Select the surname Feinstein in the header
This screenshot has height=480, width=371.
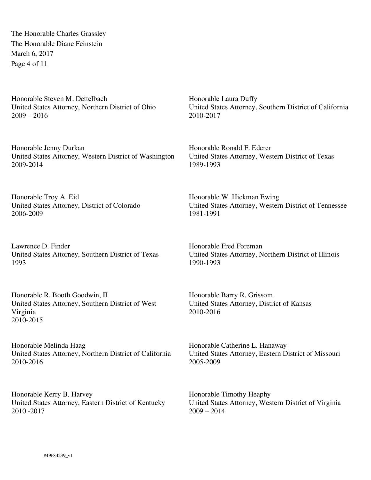(89, 44)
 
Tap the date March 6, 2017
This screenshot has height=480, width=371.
(32, 54)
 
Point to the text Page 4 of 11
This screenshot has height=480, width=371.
(29, 64)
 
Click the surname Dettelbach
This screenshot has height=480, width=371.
(91, 99)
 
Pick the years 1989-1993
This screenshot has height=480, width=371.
(204, 165)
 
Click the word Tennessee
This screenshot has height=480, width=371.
(330, 206)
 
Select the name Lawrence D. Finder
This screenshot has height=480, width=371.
(40, 246)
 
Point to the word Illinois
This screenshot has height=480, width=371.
(328, 255)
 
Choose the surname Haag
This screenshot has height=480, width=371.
(78, 346)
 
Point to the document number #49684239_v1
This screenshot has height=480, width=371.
(58, 456)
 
